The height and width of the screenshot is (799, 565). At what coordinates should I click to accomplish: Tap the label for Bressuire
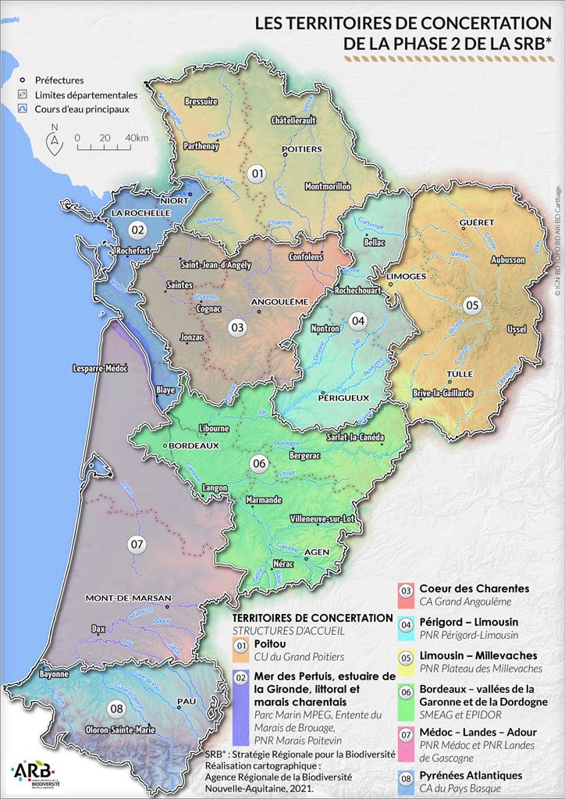pos(201,102)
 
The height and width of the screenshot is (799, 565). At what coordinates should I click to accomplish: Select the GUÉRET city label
pos(477,223)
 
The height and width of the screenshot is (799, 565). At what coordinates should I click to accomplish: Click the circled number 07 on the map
pos(137,544)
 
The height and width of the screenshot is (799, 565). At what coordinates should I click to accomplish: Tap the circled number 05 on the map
pos(471,305)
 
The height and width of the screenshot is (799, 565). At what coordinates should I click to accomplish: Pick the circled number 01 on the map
pos(254,173)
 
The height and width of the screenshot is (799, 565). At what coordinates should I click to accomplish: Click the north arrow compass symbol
pos(54,141)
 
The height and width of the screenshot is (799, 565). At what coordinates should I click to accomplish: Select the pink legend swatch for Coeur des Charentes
pos(406,590)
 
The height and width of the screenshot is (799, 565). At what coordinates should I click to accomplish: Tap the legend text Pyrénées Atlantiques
pos(471,775)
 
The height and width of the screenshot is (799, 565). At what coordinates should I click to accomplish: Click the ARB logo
pos(36,773)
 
